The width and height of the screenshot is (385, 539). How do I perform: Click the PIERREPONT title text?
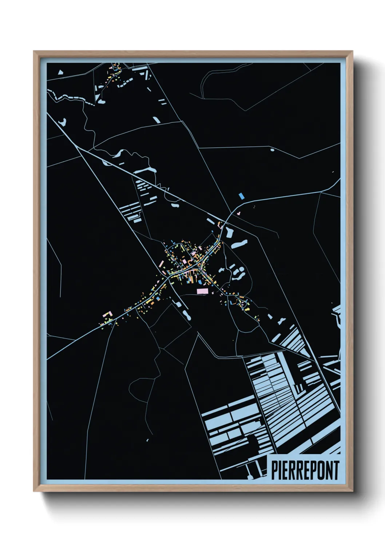[x=305, y=470]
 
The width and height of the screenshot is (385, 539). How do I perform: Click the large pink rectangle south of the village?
[x=202, y=291]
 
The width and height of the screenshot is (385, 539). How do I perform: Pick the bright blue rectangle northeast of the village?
[x=241, y=196]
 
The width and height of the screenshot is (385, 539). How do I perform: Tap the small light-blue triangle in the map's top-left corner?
[x=60, y=72]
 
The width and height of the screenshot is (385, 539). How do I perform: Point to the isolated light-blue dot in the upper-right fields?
[x=272, y=149]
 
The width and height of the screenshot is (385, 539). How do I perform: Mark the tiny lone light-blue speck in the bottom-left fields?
[x=148, y=440]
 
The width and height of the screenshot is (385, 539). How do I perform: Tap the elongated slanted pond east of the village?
[x=239, y=244]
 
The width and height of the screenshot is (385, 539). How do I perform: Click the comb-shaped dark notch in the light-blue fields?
[x=299, y=389]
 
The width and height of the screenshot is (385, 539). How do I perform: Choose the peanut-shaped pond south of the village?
[x=187, y=315]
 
